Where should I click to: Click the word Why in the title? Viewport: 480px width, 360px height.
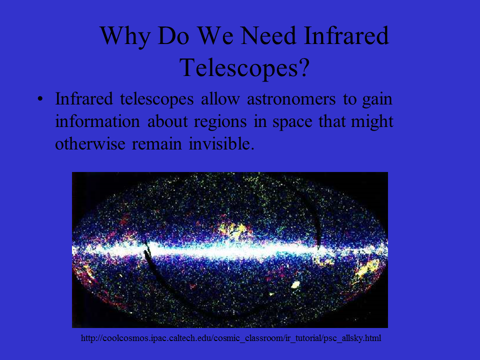pyautogui.click(x=125, y=36)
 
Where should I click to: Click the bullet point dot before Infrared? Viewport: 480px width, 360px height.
pyautogui.click(x=40, y=99)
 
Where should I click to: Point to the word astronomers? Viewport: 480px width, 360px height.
pyautogui.click(x=291, y=99)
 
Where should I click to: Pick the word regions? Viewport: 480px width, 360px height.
pyautogui.click(x=220, y=122)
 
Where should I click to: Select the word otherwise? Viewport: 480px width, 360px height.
pyautogui.click(x=90, y=143)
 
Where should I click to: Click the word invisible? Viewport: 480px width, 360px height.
pyautogui.click(x=221, y=143)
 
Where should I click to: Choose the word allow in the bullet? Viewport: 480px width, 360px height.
pyautogui.click(x=220, y=99)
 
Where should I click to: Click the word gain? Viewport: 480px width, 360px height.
pyautogui.click(x=377, y=100)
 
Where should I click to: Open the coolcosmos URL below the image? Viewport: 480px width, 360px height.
pyautogui.click(x=231, y=338)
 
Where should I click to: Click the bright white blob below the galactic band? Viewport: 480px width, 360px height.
pyautogui.click(x=295, y=284)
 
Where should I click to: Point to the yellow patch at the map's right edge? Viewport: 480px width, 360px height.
pyautogui.click(x=368, y=268)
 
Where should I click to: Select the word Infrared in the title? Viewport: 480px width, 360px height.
pyautogui.click(x=346, y=35)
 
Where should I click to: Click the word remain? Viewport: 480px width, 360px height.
pyautogui.click(x=156, y=143)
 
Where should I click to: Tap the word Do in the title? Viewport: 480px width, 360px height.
pyautogui.click(x=173, y=35)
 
